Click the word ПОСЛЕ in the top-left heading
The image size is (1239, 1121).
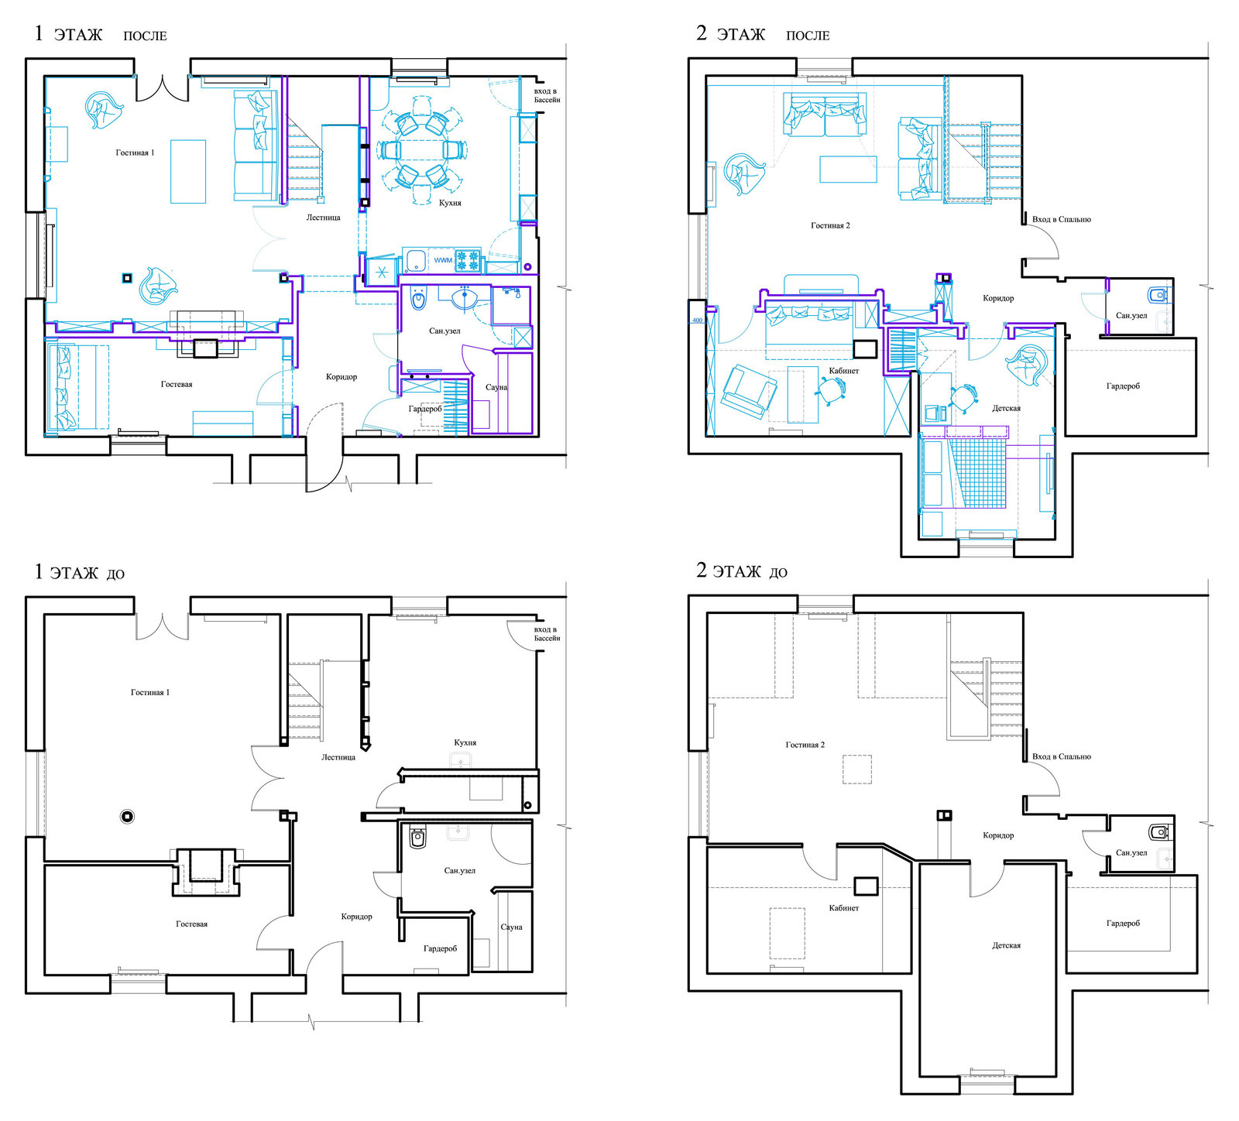tap(145, 36)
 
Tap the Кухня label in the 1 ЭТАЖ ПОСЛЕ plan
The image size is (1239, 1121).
tap(450, 203)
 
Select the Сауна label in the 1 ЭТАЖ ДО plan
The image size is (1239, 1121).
tap(511, 927)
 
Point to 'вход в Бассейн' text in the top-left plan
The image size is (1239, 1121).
tap(547, 95)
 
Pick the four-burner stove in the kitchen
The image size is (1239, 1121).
tap(468, 260)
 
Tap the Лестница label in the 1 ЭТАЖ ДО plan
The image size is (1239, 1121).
tap(338, 756)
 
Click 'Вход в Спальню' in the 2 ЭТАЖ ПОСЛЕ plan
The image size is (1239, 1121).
tap(1061, 219)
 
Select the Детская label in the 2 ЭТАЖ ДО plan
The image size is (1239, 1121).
tap(1006, 945)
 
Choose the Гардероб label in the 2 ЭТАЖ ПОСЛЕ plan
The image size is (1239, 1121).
tap(1123, 386)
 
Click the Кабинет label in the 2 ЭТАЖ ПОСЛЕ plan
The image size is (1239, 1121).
tap(843, 371)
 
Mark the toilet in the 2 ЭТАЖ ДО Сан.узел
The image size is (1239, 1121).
tap(1159, 833)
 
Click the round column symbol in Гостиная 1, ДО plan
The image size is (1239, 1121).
tap(128, 816)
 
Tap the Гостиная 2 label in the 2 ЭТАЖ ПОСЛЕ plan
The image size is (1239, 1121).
tap(830, 225)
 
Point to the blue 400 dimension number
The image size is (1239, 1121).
tap(697, 320)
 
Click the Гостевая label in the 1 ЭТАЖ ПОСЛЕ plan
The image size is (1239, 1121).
tap(177, 384)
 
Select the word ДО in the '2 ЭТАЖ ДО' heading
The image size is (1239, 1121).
tap(778, 573)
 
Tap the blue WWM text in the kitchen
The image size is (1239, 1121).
tap(443, 260)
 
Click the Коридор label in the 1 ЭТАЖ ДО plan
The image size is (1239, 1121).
tap(356, 917)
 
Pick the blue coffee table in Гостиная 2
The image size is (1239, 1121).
tap(848, 170)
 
